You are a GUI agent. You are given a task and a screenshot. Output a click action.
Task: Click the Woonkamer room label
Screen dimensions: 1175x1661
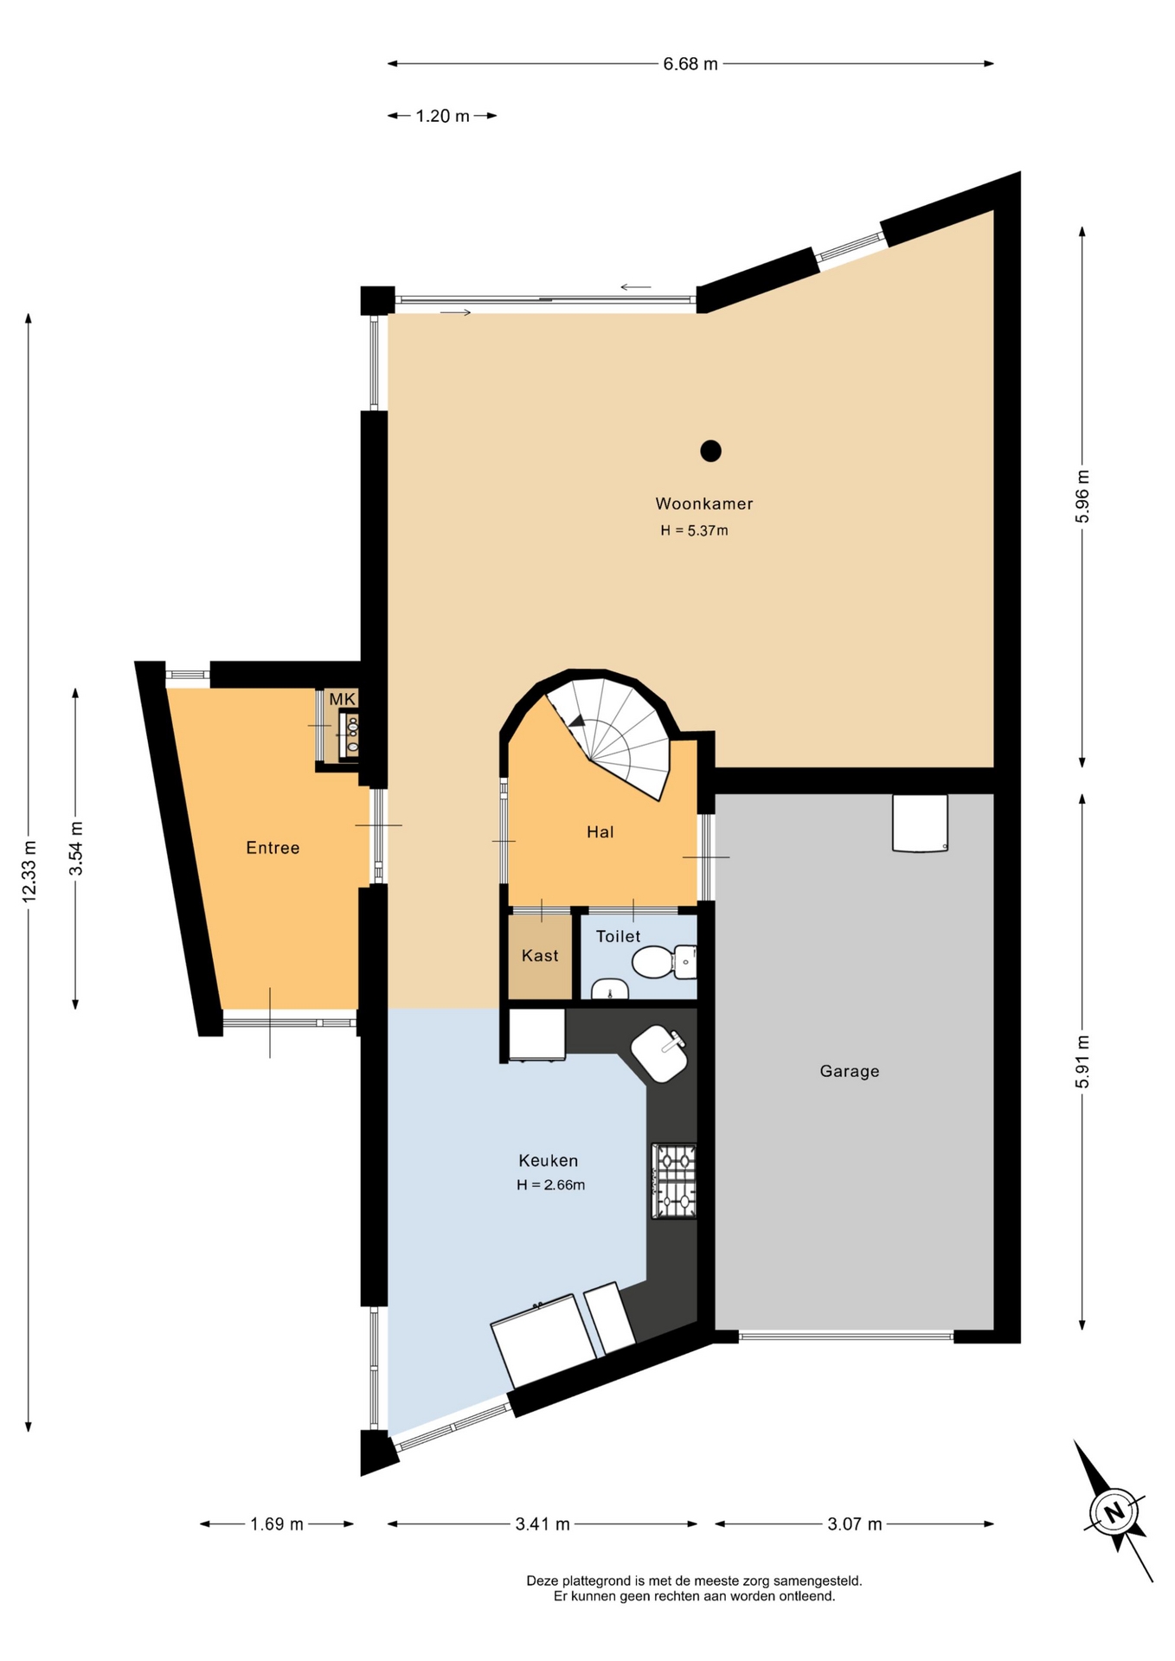pos(703,503)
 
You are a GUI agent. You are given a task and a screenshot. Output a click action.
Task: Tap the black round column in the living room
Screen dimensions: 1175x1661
pos(710,451)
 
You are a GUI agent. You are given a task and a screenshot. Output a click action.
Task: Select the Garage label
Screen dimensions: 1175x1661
pos(849,1071)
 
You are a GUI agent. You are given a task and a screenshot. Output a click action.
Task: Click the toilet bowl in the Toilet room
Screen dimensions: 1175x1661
pos(653,961)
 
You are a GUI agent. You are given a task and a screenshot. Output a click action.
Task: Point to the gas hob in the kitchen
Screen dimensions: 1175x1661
pos(674,1182)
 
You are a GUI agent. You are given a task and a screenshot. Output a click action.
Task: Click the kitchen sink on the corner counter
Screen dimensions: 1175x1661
pos(659,1054)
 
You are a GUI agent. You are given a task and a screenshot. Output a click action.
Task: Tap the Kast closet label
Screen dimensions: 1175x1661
pos(540,956)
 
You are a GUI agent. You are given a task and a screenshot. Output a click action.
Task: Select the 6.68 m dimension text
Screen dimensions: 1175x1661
pos(690,64)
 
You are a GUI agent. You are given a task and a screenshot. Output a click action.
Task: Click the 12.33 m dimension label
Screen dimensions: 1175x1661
pos(29,872)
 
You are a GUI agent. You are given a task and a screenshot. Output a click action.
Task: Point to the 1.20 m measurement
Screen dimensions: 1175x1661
pos(442,116)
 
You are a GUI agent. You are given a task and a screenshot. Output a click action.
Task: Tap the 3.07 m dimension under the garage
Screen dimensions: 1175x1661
pos(855,1524)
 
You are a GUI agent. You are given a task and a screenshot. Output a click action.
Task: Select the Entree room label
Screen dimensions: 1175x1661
pos(273,848)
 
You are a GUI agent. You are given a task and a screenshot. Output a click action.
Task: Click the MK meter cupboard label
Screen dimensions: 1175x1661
pos(342,699)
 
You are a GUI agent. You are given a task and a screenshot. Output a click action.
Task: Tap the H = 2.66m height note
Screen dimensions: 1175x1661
pos(550,1185)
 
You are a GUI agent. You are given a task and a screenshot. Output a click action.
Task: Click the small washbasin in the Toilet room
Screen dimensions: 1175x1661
pos(610,989)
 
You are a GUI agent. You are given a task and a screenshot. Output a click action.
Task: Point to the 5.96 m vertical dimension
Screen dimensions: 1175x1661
pos(1082,497)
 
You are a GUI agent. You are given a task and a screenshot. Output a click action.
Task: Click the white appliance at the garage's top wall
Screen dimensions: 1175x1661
pos(920,823)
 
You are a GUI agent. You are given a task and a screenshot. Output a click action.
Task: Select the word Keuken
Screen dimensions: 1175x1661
pos(548,1161)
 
